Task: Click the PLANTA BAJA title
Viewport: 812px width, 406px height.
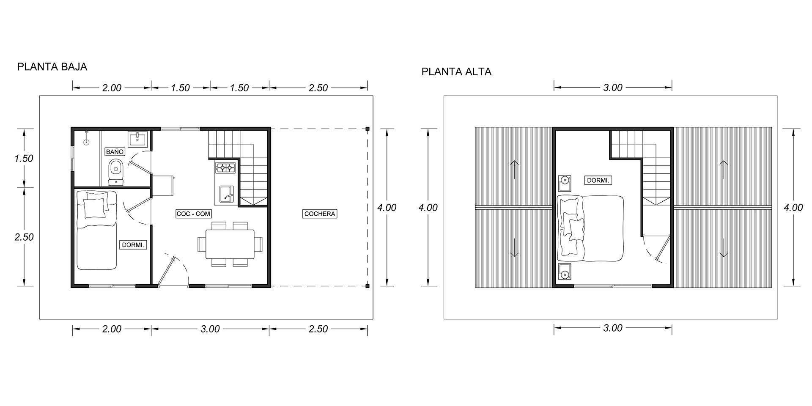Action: click(52, 67)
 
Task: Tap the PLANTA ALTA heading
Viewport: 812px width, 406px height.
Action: click(456, 72)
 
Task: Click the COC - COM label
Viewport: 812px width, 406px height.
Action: click(193, 214)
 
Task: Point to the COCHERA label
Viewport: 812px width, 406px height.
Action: click(320, 214)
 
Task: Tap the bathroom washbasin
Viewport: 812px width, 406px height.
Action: click(137, 139)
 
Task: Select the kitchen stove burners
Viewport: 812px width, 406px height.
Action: click(225, 168)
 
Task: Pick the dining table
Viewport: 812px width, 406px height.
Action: click(230, 244)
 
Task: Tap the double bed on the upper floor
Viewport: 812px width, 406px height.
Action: click(591, 228)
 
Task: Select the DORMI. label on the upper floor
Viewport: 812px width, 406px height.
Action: click(598, 181)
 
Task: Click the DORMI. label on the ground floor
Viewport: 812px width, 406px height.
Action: click(134, 245)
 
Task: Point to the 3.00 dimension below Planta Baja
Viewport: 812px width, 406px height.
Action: click(210, 329)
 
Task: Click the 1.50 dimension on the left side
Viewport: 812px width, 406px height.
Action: click(24, 159)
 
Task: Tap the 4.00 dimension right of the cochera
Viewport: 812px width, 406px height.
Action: click(387, 208)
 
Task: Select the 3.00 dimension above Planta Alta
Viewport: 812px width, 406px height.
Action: click(613, 88)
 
